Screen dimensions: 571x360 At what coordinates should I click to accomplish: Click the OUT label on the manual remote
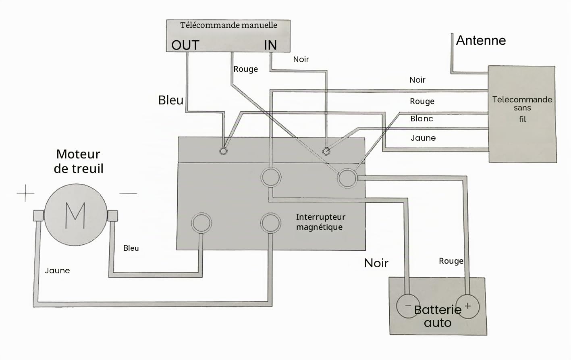tap(185, 45)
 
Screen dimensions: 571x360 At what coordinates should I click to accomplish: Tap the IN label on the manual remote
tap(270, 45)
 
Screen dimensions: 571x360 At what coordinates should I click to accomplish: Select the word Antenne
tap(481, 40)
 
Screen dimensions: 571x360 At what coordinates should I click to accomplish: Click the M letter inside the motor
tap(75, 215)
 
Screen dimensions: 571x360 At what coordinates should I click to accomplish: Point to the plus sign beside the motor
tap(25, 193)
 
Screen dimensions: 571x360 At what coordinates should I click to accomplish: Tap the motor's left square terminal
tap(39, 215)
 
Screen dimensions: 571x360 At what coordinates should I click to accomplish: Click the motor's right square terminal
tap(112, 216)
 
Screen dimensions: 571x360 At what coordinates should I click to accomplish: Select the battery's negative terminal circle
tap(408, 306)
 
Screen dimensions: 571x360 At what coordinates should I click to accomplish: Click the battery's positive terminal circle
tap(467, 306)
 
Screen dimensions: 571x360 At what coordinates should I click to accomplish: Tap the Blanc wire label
tap(422, 119)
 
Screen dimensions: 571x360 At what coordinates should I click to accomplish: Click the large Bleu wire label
tap(171, 100)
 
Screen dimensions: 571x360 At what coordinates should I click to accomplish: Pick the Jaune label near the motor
tap(57, 271)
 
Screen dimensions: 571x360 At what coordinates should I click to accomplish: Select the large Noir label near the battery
tap(376, 263)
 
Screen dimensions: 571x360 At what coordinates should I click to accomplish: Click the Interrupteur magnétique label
tap(321, 222)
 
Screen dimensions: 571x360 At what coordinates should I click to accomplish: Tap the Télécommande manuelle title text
tap(228, 25)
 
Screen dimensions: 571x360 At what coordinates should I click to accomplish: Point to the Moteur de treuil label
tap(79, 161)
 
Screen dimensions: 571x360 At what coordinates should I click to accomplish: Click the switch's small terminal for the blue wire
tap(223, 151)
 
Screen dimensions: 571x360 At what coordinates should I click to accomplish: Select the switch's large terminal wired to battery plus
tap(347, 178)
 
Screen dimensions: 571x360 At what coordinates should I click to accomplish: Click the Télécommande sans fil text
tap(522, 109)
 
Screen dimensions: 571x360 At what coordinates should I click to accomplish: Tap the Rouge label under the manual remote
tap(246, 69)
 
